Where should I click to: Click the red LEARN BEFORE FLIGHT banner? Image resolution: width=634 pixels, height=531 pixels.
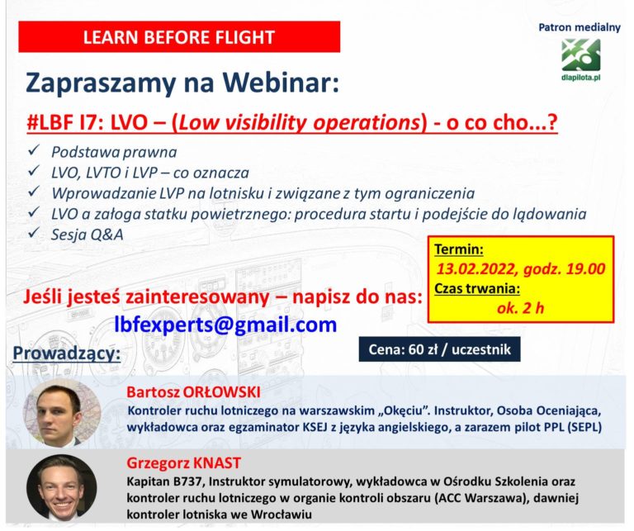pyautogui.click(x=179, y=37)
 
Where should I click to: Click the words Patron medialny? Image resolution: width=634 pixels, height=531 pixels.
pyautogui.click(x=580, y=27)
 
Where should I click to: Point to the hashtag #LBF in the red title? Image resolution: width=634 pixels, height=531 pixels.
pyautogui.click(x=47, y=122)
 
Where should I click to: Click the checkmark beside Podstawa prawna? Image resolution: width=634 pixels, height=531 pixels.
pyautogui.click(x=34, y=150)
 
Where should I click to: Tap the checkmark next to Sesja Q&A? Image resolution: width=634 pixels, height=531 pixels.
pyautogui.click(x=34, y=233)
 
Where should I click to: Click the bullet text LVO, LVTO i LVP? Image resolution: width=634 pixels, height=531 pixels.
pyautogui.click(x=104, y=173)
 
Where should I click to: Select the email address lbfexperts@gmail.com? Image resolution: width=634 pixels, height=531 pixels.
pyautogui.click(x=225, y=325)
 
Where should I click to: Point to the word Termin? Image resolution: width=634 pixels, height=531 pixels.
pyautogui.click(x=459, y=249)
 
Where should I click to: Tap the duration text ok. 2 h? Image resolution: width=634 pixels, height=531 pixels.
pyautogui.click(x=520, y=308)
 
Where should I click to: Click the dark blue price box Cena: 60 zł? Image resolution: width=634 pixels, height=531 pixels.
pyautogui.click(x=439, y=349)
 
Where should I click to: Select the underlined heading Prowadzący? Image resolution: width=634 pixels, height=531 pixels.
pyautogui.click(x=67, y=353)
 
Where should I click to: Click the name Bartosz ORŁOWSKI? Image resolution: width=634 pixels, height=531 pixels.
pyautogui.click(x=193, y=392)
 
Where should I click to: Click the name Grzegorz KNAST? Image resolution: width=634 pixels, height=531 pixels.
pyautogui.click(x=183, y=462)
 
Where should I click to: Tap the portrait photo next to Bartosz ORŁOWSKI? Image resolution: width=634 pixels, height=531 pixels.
pyautogui.click(x=61, y=413)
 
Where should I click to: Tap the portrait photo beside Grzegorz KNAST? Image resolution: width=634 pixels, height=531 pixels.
pyautogui.click(x=61, y=486)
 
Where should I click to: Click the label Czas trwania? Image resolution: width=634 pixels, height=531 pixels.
pyautogui.click(x=477, y=289)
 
